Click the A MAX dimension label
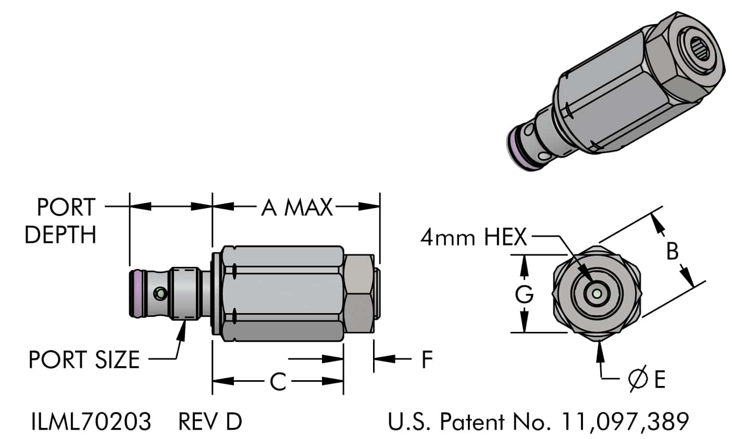pos(296,208)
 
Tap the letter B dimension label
pos(673,252)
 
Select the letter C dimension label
pos(278,382)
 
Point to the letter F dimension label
pos(427,359)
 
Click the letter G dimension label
pos(525,295)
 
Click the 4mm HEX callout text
pos(474,238)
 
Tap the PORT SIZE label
pos(84,360)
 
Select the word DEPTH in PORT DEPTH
pos(60,235)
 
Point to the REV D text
pos(210,421)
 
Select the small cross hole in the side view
pos(160,294)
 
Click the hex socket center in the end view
pos(597,294)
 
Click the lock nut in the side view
pos(359,294)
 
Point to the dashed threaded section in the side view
pos(186,294)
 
